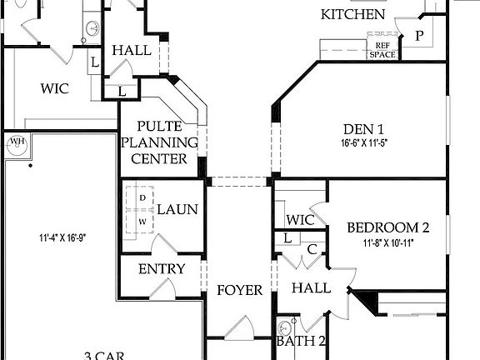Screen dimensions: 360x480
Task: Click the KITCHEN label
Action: pyautogui.click(x=353, y=15)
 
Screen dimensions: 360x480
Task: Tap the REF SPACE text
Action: pyautogui.click(x=383, y=49)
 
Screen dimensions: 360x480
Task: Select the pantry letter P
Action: pyautogui.click(x=419, y=36)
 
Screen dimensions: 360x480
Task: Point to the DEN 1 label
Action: pyautogui.click(x=363, y=129)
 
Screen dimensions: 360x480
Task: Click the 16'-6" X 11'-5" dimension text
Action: pyautogui.click(x=363, y=142)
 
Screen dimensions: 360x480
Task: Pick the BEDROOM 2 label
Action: pyautogui.click(x=387, y=227)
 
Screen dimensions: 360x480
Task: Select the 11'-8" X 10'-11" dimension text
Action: pyautogui.click(x=388, y=243)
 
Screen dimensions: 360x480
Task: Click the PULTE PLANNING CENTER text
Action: pyautogui.click(x=162, y=142)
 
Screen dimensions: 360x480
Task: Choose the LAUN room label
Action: pyautogui.click(x=177, y=209)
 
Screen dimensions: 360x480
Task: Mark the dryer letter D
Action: pyautogui.click(x=142, y=197)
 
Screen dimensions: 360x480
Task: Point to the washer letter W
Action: pyautogui.click(x=142, y=221)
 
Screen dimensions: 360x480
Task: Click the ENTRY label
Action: pyautogui.click(x=162, y=269)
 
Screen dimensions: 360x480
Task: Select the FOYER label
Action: pyautogui.click(x=240, y=291)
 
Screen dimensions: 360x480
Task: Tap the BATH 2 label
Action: pyautogui.click(x=302, y=342)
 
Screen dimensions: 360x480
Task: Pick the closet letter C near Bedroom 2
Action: pyautogui.click(x=311, y=248)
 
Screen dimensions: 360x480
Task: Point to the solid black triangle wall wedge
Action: pyautogui.click(x=362, y=298)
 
